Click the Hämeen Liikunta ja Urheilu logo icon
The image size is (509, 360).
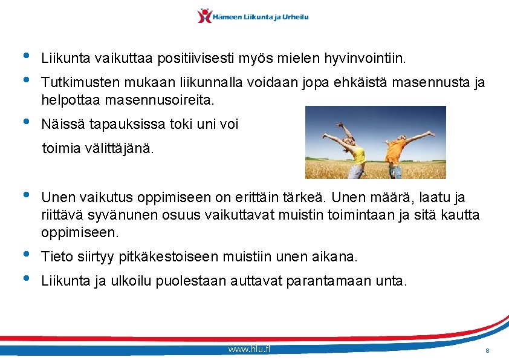(x=205, y=16)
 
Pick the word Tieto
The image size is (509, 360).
(x=55, y=257)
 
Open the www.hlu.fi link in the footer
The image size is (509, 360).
(x=250, y=350)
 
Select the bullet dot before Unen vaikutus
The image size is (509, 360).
(x=25, y=194)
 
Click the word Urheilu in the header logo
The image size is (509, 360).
(x=293, y=17)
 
